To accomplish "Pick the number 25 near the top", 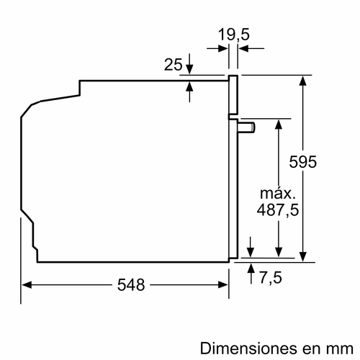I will (x=173, y=66).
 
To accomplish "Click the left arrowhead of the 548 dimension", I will (x=24, y=284).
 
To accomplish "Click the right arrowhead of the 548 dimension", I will (x=225, y=284).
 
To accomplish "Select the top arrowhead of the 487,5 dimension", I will (x=278, y=122).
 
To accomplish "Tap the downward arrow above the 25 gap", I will (x=189, y=69).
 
